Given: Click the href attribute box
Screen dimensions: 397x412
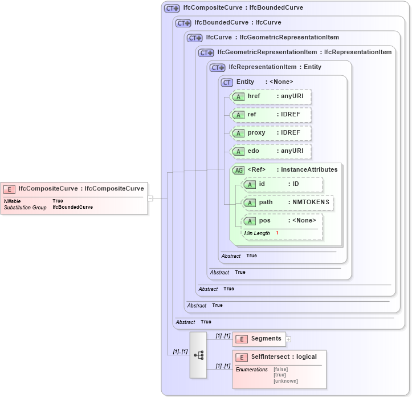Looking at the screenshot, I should [271, 96].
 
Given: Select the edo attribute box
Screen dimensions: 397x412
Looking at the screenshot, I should [271, 151].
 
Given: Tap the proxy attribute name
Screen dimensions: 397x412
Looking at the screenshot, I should [256, 133].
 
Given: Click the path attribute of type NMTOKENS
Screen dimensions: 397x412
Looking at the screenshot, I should [288, 202].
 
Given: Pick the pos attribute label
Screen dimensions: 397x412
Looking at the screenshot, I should [265, 221].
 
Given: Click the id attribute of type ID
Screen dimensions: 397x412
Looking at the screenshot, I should [282, 184].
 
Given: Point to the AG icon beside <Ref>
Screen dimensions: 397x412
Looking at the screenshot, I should [238, 170].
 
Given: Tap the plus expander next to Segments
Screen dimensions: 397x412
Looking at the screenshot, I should [288, 339].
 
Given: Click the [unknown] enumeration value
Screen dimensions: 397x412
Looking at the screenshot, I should [285, 381].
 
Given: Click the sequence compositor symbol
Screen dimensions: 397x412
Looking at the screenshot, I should [198, 355].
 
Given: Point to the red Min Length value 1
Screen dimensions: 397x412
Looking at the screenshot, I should [278, 233].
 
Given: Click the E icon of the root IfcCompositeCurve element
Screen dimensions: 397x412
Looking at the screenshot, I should [9, 189].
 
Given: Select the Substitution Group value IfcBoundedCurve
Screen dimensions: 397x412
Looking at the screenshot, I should [72, 208].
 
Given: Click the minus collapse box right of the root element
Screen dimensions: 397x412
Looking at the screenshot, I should [150, 198].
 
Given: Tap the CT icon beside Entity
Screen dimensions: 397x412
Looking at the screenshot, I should [227, 82].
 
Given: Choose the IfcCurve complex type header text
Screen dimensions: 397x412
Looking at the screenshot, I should [272, 38].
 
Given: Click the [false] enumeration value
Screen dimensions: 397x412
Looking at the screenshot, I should [280, 370].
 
